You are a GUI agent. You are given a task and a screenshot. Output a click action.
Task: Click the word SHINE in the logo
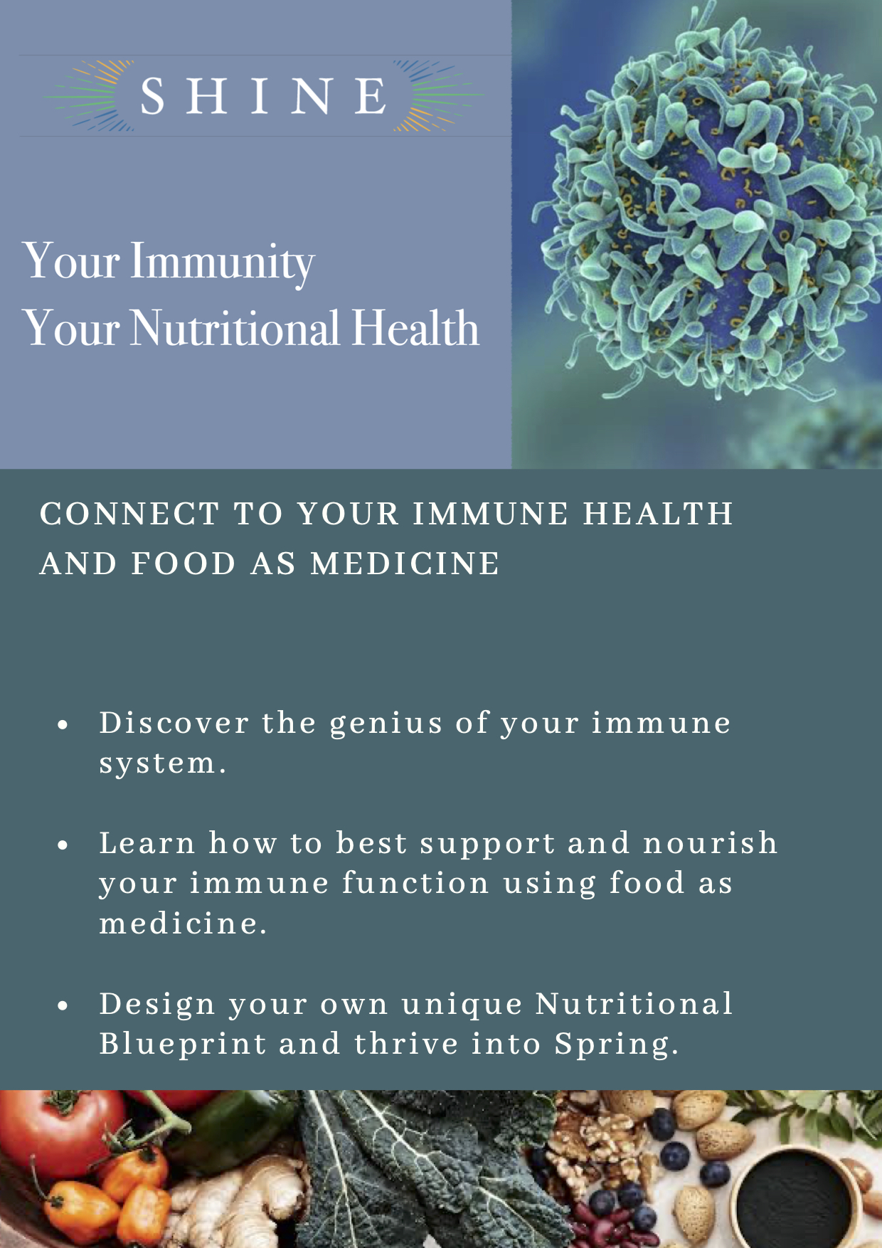tap(263, 96)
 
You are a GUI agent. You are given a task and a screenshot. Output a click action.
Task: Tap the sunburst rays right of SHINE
tap(438, 96)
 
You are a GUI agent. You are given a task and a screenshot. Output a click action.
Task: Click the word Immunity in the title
tap(222, 262)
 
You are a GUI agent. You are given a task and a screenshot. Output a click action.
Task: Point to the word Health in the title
tap(415, 328)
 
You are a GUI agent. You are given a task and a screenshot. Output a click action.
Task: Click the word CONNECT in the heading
tap(129, 514)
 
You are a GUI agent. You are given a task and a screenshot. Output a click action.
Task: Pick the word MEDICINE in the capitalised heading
tap(405, 564)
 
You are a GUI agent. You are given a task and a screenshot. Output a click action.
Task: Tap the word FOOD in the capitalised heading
tap(184, 564)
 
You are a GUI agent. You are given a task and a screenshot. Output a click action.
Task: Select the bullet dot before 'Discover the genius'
tap(63, 725)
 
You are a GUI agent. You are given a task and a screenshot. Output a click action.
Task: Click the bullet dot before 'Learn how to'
tap(63, 845)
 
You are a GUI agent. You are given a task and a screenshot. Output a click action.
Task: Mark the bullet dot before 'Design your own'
tap(63, 1006)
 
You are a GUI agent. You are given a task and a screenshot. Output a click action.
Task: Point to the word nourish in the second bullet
tap(711, 843)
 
